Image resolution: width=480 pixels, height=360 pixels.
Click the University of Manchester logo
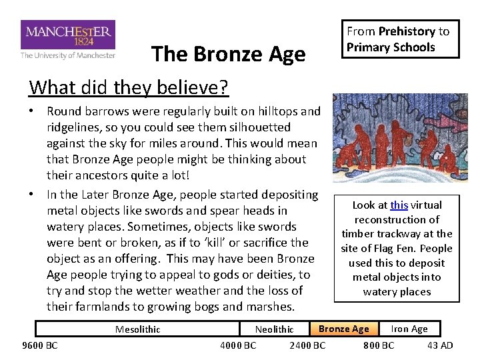pos(67,40)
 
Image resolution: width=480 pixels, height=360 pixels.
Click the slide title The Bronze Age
pos(228,54)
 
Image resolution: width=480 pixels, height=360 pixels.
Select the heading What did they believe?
pos(129,87)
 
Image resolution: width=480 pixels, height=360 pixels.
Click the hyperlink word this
pos(399,205)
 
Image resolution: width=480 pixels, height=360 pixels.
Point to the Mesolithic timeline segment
pos(137,329)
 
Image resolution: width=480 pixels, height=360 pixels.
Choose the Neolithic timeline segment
pos(274,329)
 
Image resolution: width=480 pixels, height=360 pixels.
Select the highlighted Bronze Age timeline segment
pos(343,329)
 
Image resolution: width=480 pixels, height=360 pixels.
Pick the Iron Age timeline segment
pos(409,329)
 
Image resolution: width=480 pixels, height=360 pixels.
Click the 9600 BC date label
pos(40,345)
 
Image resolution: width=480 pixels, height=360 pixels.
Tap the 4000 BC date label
pos(238,345)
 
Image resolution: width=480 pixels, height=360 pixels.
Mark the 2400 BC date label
pos(307,345)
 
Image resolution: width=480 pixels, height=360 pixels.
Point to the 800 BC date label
pos(378,345)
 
